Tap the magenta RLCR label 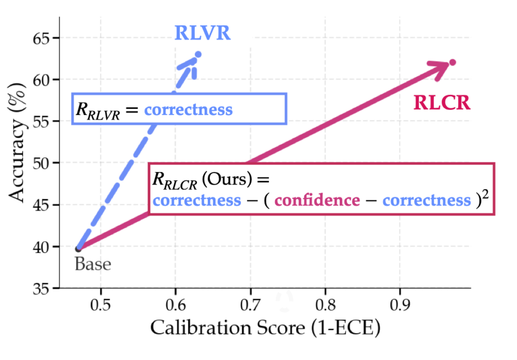click(442, 104)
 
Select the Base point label click(93, 264)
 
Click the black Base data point click(78, 248)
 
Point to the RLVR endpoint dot click(198, 54)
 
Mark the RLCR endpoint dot click(453, 63)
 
